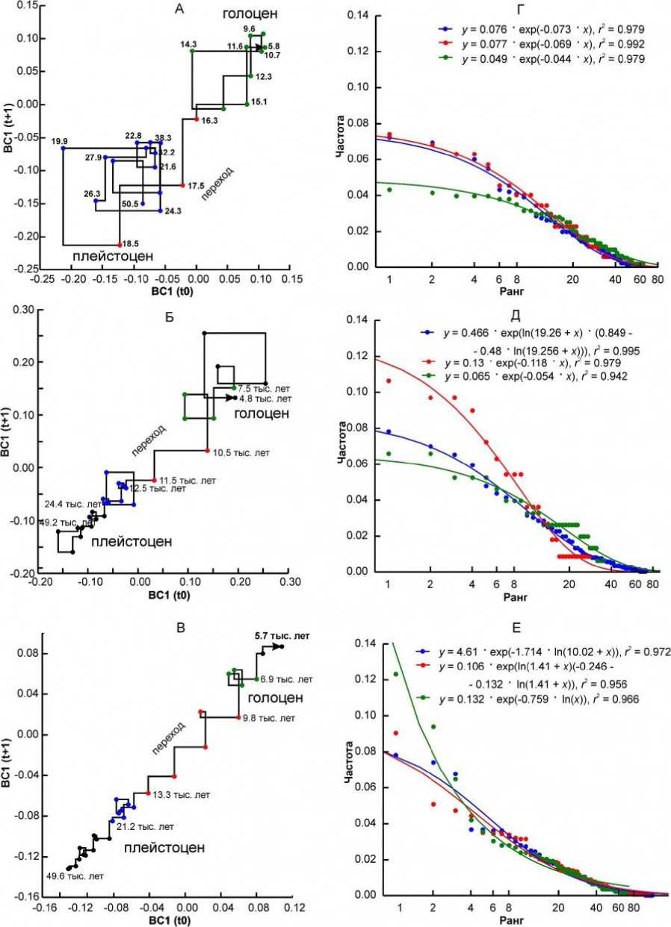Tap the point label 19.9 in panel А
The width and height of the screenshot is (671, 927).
coord(60,140)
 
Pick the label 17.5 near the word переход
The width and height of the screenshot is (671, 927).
coord(196,185)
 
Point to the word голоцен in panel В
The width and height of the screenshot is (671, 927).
coord(275,698)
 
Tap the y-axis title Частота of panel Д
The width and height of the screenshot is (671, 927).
coord(343,445)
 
